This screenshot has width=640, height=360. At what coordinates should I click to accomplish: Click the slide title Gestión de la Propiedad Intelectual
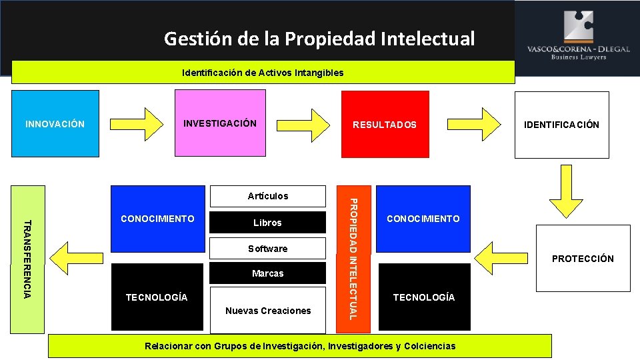pos(319,39)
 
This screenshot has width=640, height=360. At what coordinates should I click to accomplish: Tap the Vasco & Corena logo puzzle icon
pos(578,27)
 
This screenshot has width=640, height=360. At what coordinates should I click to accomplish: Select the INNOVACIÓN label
pos(55,124)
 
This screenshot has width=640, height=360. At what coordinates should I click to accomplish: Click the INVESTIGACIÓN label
pos(219,123)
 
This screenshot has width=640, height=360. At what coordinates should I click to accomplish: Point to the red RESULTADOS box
pos(385,125)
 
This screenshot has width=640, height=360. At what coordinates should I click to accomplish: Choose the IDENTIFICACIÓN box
pos(561,125)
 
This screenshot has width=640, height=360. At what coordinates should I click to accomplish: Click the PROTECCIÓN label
pos(583,259)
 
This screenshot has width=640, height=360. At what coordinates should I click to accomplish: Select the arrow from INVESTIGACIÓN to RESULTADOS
pos(311,122)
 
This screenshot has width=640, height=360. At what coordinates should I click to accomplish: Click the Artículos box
pos(268,196)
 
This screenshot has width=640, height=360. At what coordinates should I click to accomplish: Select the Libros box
pos(268,223)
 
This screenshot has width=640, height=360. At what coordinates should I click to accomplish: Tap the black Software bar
pos(268,249)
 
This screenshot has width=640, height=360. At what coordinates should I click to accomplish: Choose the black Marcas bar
pos(268,273)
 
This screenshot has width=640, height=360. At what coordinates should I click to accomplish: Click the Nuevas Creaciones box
pos(268,311)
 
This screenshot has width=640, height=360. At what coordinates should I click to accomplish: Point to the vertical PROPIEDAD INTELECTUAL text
pos(354,259)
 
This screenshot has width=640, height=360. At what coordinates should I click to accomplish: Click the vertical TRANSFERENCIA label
pos(27,259)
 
